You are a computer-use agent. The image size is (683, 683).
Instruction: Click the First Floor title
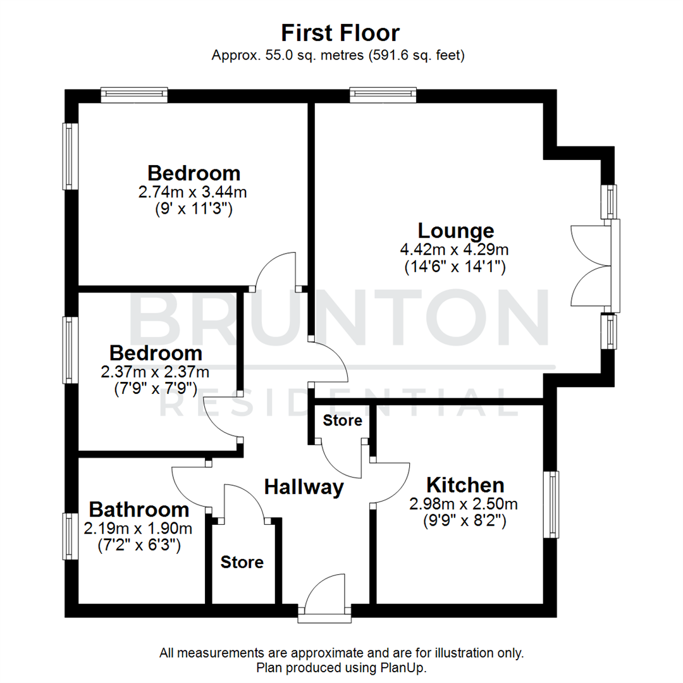pyautogui.click(x=340, y=32)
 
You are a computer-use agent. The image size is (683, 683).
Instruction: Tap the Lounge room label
pyautogui.click(x=455, y=230)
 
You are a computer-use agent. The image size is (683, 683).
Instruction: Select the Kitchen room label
pyautogui.click(x=465, y=486)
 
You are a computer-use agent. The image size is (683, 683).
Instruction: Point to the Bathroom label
pyautogui.click(x=138, y=509)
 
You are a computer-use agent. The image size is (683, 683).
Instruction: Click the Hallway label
pyautogui.click(x=304, y=487)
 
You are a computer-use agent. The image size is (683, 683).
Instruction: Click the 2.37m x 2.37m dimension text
pyautogui.click(x=155, y=371)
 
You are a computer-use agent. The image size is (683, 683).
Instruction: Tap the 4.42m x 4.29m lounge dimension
pyautogui.click(x=455, y=250)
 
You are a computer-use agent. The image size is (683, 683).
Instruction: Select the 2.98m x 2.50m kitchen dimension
pyautogui.click(x=464, y=504)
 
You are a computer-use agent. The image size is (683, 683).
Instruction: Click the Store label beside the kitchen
pyautogui.click(x=343, y=421)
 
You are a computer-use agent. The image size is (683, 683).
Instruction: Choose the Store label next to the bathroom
pyautogui.click(x=242, y=562)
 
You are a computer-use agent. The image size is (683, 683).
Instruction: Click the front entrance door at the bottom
pyautogui.click(x=325, y=598)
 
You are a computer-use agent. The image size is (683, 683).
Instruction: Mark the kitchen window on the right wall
pyautogui.click(x=553, y=504)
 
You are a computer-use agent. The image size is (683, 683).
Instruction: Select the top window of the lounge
pyautogui.click(x=383, y=95)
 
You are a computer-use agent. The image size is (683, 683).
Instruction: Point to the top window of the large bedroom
pyautogui.click(x=134, y=95)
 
